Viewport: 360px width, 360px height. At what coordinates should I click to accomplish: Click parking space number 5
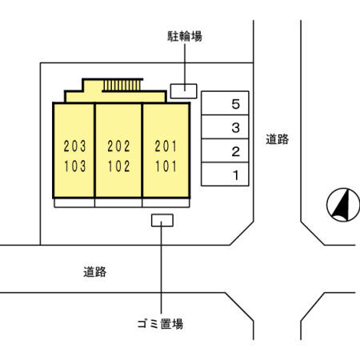(226, 104)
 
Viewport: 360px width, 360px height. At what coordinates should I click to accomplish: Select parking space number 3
(226, 127)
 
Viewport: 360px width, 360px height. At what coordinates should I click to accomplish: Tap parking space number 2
(226, 151)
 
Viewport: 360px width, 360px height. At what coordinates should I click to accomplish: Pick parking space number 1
(226, 174)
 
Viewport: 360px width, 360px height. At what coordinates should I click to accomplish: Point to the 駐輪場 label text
(183, 36)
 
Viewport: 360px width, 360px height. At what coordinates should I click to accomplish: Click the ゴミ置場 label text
(162, 324)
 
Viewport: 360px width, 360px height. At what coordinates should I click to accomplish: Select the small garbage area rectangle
(162, 219)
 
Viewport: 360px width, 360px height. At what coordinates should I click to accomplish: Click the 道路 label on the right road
(277, 139)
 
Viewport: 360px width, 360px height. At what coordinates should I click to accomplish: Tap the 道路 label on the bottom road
(94, 272)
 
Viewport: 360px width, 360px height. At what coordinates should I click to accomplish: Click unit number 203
(74, 146)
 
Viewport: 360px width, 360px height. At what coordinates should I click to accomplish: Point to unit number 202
(118, 146)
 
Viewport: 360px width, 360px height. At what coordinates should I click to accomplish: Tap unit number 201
(166, 146)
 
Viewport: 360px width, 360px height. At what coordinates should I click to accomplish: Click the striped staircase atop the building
(122, 84)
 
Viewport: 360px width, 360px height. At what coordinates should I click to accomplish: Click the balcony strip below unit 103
(74, 202)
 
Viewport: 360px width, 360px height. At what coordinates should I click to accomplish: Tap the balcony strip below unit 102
(118, 202)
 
